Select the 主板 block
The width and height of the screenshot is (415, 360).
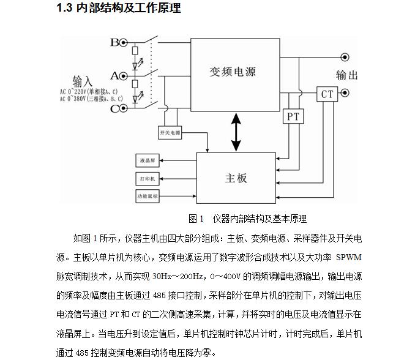[236, 178]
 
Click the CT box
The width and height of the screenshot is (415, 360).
[327, 94]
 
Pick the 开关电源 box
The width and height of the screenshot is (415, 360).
[170, 132]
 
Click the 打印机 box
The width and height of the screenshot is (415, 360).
[147, 179]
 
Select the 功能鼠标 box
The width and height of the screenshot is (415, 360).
[148, 197]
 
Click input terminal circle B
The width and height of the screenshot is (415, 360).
[124, 43]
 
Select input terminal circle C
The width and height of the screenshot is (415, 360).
[124, 109]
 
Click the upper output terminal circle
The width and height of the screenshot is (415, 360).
[345, 58]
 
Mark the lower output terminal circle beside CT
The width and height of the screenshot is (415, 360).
[345, 94]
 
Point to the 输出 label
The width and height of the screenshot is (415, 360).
[347, 75]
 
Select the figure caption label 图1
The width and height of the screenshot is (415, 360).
[196, 219]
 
